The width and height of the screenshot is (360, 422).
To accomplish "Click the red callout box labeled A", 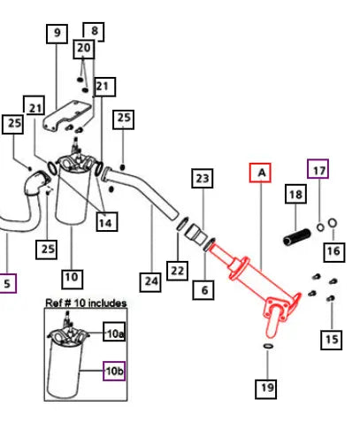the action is (x=260, y=173).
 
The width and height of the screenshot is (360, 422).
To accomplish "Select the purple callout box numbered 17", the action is (x=318, y=169).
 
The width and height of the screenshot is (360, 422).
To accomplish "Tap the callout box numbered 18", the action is (x=295, y=194).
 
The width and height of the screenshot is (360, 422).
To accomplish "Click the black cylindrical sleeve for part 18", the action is (x=296, y=237).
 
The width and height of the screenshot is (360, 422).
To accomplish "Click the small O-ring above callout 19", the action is (x=268, y=346).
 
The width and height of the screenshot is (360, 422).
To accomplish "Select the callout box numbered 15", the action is (x=332, y=340).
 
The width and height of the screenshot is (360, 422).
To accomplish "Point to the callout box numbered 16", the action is (x=334, y=252).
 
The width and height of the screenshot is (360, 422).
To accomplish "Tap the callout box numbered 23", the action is (x=203, y=178).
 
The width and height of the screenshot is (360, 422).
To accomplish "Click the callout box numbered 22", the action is (x=177, y=271).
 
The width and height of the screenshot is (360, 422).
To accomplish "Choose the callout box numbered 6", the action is (x=203, y=290).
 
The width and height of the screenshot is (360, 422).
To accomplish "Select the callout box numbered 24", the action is (x=150, y=282).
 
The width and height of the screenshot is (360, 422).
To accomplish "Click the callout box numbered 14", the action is (x=107, y=221).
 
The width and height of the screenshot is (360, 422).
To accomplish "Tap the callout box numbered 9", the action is (x=57, y=34).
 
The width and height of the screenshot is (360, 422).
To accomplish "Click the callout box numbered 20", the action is (x=84, y=49).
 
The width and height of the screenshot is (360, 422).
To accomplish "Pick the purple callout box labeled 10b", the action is (x=114, y=371).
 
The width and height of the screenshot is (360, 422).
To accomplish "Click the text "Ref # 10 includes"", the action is (x=86, y=303).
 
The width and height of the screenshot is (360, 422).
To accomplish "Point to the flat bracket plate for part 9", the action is (x=67, y=115).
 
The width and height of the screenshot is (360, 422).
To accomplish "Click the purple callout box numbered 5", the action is (x=7, y=283).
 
